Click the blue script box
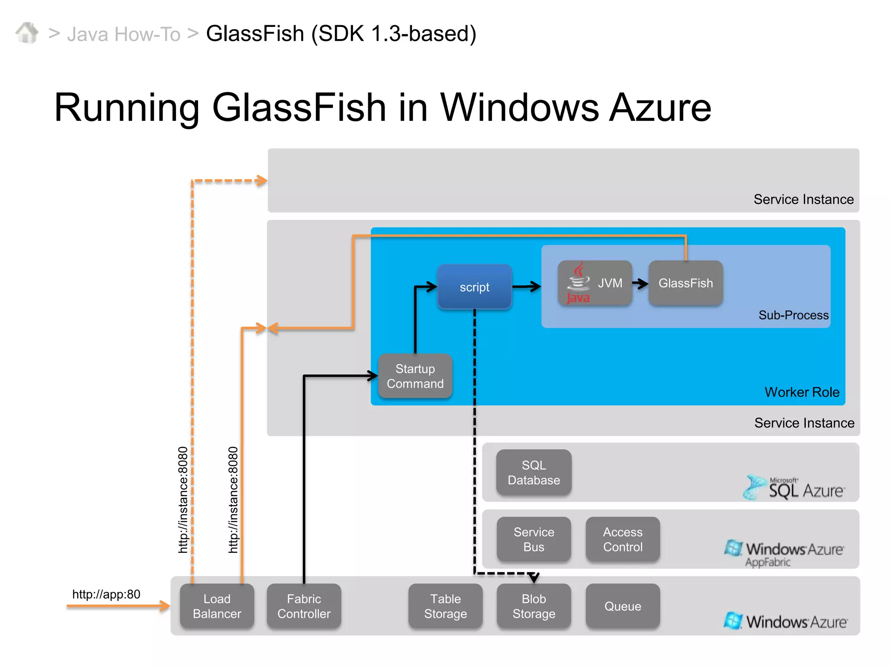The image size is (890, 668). [x=474, y=287]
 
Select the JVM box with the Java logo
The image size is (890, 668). [x=594, y=283]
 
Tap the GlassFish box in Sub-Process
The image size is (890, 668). [x=685, y=283]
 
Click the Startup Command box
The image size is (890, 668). [x=415, y=376]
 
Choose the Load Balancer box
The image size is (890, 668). [x=217, y=606]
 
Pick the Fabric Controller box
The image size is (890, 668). [x=304, y=606]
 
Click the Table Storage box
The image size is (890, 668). [x=445, y=606]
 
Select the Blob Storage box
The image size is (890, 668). [x=534, y=606]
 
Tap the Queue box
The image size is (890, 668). [x=622, y=606]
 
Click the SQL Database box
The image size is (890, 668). [x=534, y=473]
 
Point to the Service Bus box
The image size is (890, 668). [x=534, y=539]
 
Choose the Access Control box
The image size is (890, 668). [x=622, y=539]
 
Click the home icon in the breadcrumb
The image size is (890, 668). [x=27, y=33]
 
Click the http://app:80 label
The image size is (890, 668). [x=106, y=594]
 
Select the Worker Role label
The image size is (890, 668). [x=802, y=392]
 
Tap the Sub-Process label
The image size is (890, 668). [x=793, y=315]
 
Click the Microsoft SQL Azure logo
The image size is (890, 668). [x=794, y=488]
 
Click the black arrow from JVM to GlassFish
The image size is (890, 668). [x=640, y=284]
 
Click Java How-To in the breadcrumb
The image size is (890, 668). [x=123, y=34]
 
